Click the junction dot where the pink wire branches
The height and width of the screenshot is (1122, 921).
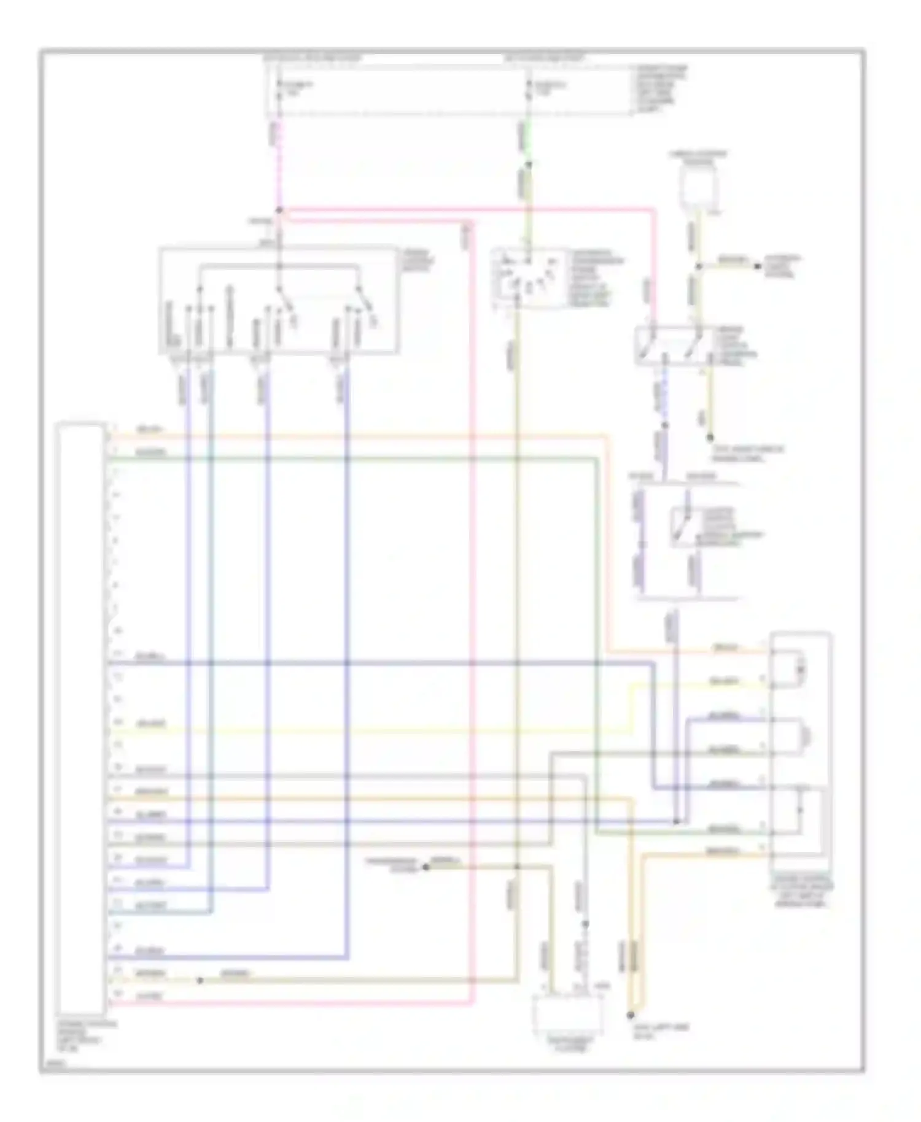[x=279, y=211]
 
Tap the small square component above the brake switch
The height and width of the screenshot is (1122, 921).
[x=702, y=184]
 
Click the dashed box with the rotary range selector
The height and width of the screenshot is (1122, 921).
[x=529, y=280]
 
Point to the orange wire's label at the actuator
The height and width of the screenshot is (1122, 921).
[x=725, y=648]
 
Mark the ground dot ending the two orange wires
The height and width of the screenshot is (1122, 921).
[x=630, y=1015]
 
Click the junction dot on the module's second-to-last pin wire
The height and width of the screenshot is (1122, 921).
[x=200, y=980]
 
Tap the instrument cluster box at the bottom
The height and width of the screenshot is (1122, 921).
[x=569, y=1016]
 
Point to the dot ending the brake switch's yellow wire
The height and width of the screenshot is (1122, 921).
[x=710, y=438]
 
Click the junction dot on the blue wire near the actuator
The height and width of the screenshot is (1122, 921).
[x=676, y=821]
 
